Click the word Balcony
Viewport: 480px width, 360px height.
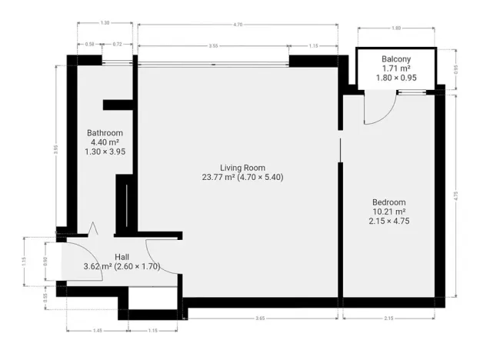pyautogui.click(x=396, y=58)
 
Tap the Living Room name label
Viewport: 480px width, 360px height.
pyautogui.click(x=242, y=168)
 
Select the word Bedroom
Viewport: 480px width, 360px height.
pyautogui.click(x=388, y=202)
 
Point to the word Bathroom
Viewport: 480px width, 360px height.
pyautogui.click(x=105, y=133)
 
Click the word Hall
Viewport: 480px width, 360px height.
pyautogui.click(x=122, y=257)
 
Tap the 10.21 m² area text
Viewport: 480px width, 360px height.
pyautogui.click(x=388, y=212)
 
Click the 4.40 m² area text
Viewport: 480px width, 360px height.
pyautogui.click(x=105, y=142)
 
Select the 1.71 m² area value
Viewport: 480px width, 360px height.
pyautogui.click(x=396, y=68)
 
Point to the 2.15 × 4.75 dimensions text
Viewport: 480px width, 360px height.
pyautogui.click(x=388, y=221)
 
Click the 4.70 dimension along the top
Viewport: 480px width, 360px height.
pyautogui.click(x=238, y=25)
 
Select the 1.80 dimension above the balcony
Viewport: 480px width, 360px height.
pyautogui.click(x=396, y=28)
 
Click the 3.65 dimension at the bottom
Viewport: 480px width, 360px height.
pyautogui.click(x=261, y=318)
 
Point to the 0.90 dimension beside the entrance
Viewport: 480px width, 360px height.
pyautogui.click(x=46, y=259)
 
